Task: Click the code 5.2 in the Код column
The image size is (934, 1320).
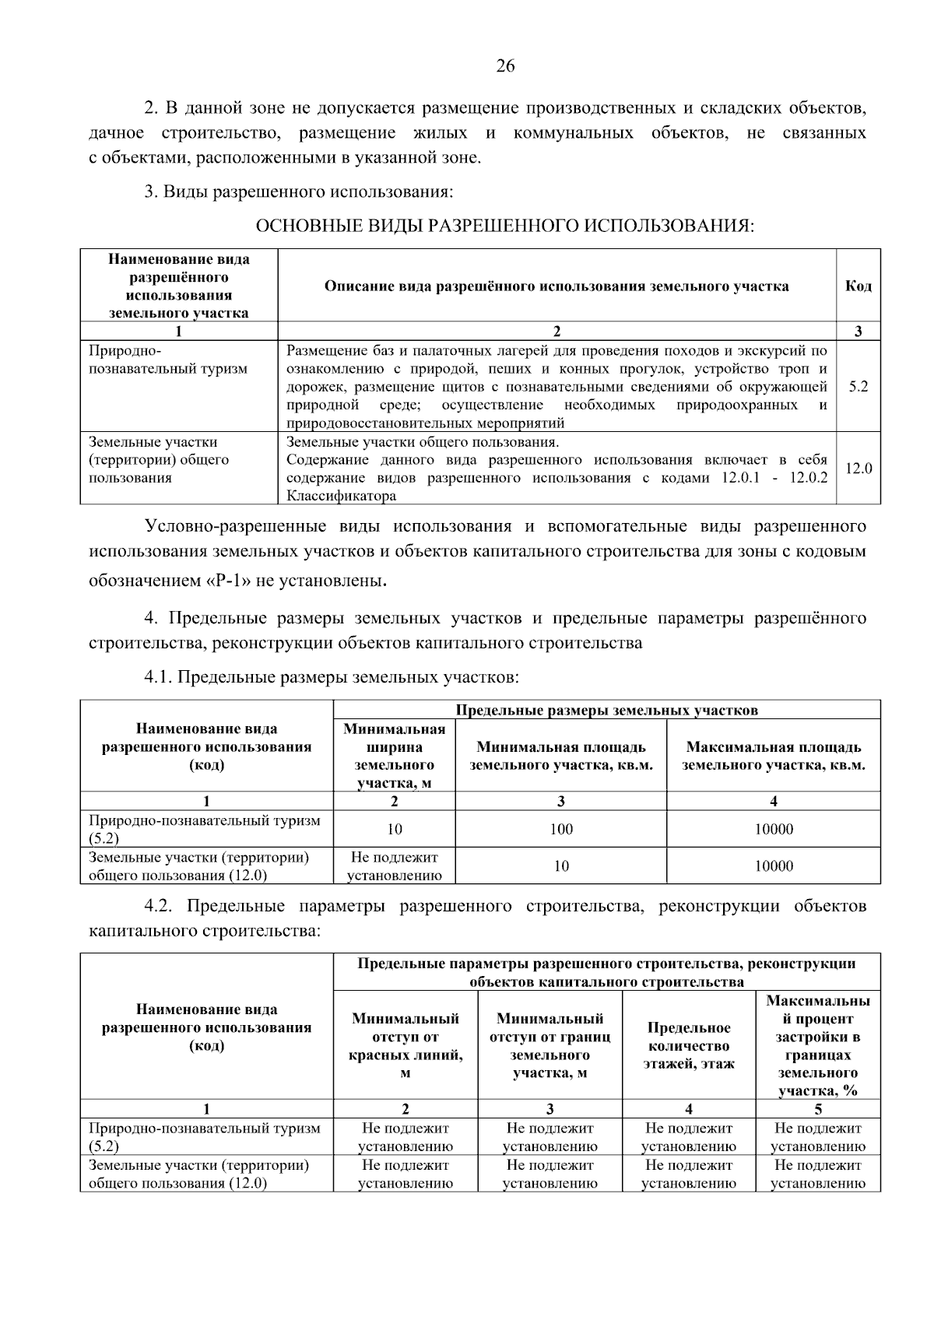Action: pyautogui.click(x=858, y=387)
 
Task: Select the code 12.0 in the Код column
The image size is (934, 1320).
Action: pyautogui.click(x=858, y=469)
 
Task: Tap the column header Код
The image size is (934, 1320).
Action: pyautogui.click(x=858, y=286)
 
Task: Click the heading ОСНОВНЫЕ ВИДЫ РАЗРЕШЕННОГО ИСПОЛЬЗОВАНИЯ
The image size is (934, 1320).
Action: pyautogui.click(x=505, y=226)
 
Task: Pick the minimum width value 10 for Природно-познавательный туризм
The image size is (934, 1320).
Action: pyautogui.click(x=395, y=830)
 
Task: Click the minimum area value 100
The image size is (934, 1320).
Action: pyautogui.click(x=560, y=830)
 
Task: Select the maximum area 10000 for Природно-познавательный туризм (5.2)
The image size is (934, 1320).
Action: pyautogui.click(x=774, y=830)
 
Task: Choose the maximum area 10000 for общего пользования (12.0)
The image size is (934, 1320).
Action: pyautogui.click(x=774, y=866)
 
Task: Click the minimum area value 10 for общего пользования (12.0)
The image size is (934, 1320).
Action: pyautogui.click(x=560, y=866)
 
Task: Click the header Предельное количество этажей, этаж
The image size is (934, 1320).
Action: pyautogui.click(x=689, y=1046)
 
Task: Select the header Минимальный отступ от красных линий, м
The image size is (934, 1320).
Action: pyautogui.click(x=406, y=1046)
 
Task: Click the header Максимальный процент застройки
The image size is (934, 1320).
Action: pyautogui.click(x=817, y=1046)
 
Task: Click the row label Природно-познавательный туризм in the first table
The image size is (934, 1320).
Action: pyautogui.click(x=168, y=360)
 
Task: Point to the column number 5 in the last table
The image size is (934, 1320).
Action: pyautogui.click(x=817, y=1110)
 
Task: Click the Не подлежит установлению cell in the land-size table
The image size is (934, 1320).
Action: pyautogui.click(x=395, y=866)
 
